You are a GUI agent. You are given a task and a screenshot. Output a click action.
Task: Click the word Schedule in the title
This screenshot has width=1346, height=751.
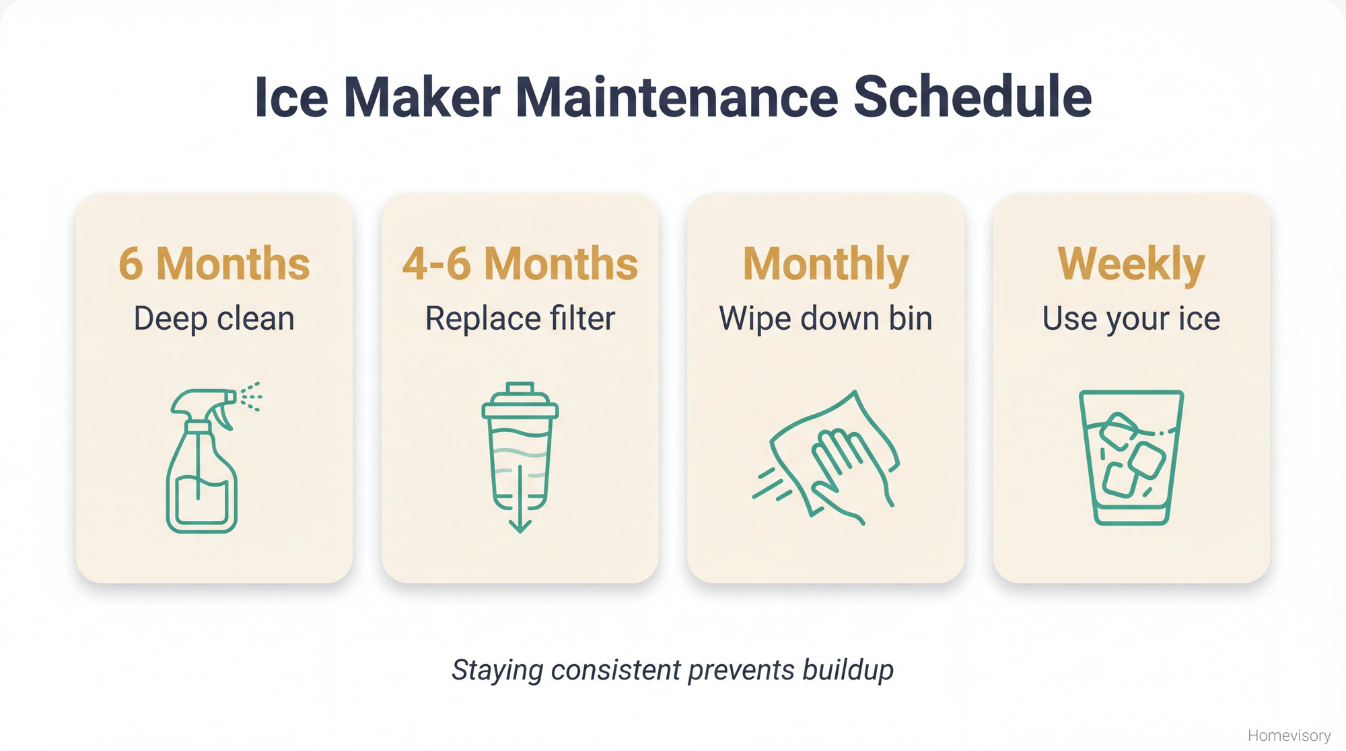972,98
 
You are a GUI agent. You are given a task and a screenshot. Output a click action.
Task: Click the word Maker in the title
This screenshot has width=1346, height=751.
422,98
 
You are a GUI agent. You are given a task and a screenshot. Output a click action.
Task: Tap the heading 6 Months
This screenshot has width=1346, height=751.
214,264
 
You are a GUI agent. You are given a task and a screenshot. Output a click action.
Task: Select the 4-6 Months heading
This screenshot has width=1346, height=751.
520,264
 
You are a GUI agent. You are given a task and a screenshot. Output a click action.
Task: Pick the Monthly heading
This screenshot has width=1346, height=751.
825,264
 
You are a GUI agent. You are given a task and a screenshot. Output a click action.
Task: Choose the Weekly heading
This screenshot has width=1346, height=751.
1131,264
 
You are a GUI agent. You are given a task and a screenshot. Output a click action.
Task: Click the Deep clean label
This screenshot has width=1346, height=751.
214,319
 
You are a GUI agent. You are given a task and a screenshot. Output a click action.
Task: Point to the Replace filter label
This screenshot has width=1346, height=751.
520,319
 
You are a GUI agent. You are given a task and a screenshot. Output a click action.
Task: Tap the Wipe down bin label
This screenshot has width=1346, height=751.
825,319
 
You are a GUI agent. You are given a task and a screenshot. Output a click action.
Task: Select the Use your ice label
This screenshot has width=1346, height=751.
1131,319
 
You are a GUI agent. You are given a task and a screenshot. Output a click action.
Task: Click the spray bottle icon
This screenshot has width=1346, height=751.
202,464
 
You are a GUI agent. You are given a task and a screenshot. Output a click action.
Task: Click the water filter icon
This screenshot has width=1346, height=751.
520,451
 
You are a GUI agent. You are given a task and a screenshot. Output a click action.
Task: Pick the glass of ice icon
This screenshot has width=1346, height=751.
1131,458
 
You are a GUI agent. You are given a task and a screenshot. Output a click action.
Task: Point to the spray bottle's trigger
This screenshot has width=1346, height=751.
222,417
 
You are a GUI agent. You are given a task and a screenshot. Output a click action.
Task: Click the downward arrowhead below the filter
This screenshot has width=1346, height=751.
520,526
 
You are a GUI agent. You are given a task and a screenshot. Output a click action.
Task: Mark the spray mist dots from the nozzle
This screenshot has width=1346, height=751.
252,396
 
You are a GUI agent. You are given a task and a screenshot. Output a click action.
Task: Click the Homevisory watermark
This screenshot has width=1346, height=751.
1289,736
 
